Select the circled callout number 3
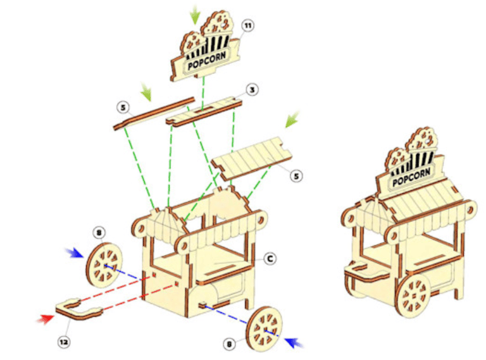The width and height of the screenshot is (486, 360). pyautogui.click(x=252, y=90)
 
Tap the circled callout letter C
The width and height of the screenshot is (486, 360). pyautogui.click(x=269, y=258)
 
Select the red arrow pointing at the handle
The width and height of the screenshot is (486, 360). pyautogui.click(x=46, y=318)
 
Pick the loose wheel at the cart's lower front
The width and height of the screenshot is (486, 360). pyautogui.click(x=265, y=328)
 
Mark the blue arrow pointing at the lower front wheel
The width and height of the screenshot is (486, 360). pyautogui.click(x=294, y=342)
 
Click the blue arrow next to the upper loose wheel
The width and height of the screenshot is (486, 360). pyautogui.click(x=75, y=253)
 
